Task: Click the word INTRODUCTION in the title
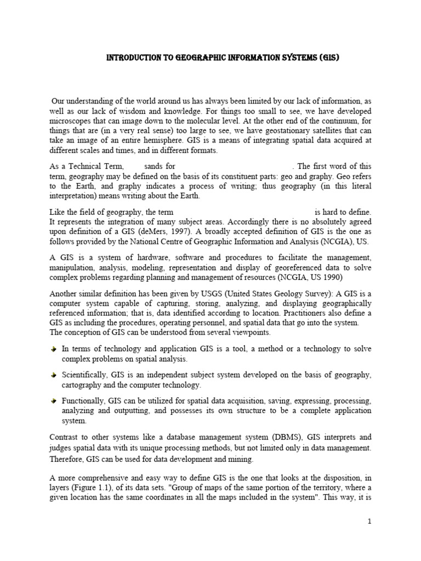(130, 57)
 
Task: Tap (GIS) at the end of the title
(320, 57)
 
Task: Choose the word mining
(241, 459)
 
